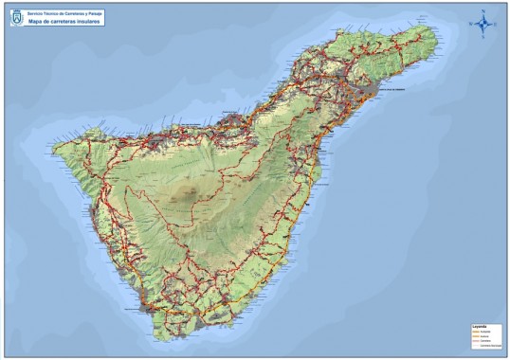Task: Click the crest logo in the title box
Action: point(17,17)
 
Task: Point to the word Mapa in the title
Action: point(39,21)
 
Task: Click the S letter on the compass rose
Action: point(483,37)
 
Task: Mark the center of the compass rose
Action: point(483,24)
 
